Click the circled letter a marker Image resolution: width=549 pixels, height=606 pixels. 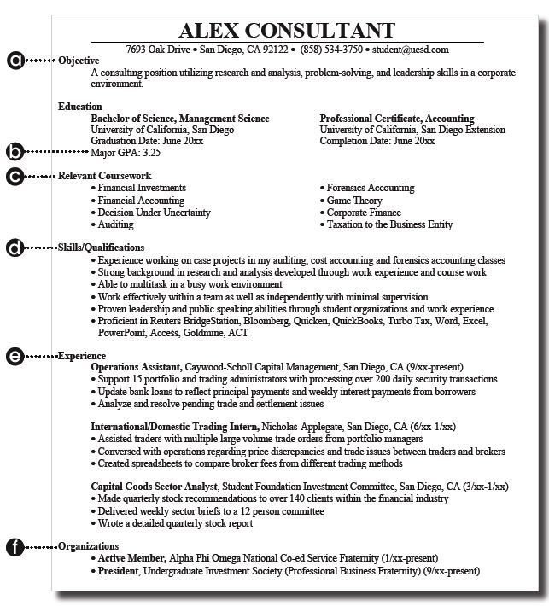point(15,61)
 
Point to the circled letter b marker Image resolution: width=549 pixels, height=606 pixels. point(15,153)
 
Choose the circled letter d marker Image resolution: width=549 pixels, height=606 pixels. point(15,248)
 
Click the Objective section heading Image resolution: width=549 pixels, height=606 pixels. point(79,61)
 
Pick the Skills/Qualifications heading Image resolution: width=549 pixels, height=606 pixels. point(102,248)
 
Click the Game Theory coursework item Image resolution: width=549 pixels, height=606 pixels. point(354,200)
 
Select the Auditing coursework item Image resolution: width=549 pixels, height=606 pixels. point(115,224)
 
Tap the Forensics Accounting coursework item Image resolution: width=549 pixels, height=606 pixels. point(370,188)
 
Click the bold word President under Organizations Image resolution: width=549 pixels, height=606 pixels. point(119,569)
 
